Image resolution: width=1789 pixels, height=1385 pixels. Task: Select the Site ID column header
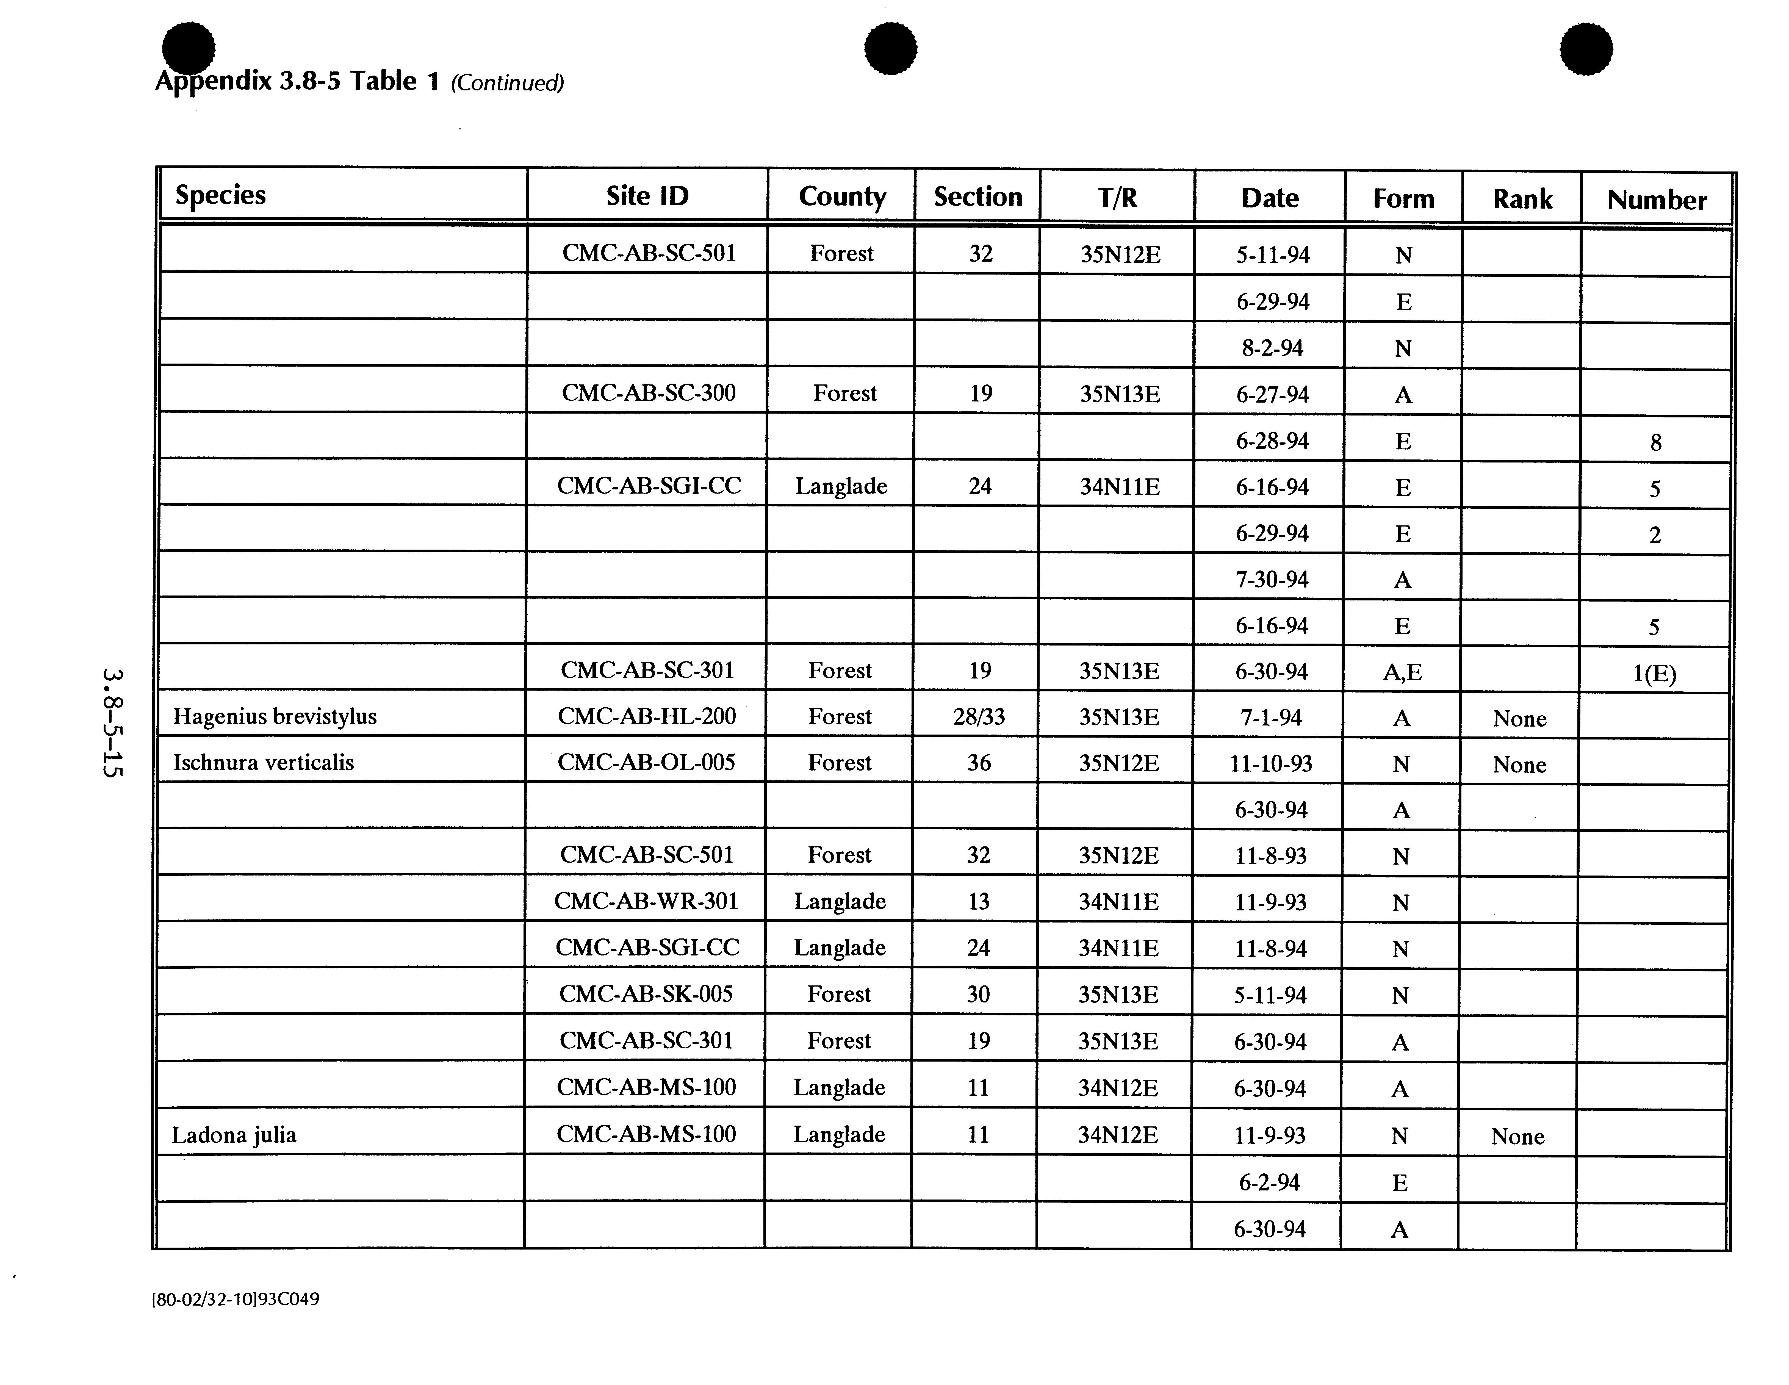[x=647, y=196]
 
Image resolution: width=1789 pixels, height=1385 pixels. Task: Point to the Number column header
[x=1656, y=200]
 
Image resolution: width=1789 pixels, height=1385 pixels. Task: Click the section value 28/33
[x=979, y=717]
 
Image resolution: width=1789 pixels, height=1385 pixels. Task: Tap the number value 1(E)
[x=1654, y=673]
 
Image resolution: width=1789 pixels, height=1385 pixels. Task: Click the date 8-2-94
[x=1272, y=348]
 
